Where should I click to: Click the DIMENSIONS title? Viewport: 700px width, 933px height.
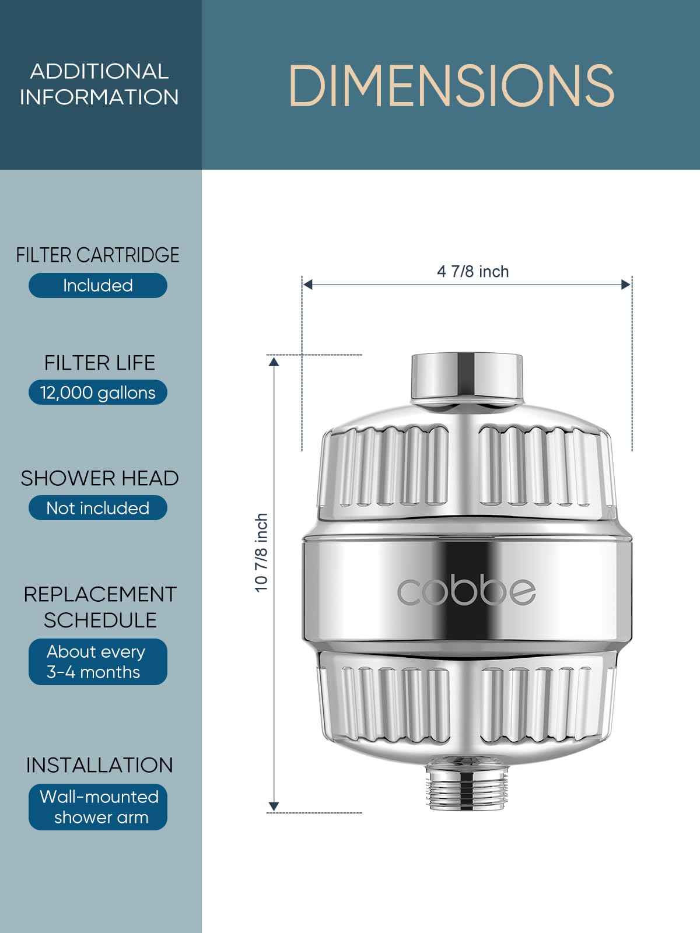tap(451, 86)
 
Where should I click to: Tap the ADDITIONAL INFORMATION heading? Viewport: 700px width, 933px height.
tap(99, 84)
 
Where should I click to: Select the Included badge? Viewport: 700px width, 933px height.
tap(98, 285)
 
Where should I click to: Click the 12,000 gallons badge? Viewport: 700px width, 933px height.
tap(98, 392)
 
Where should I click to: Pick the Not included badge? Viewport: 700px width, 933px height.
tap(98, 508)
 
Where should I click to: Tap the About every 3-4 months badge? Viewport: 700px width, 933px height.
tap(98, 662)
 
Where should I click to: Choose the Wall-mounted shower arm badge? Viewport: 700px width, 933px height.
tap(98, 807)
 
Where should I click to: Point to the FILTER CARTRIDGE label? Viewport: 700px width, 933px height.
tap(98, 255)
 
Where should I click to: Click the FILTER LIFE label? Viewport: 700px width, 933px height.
tap(100, 363)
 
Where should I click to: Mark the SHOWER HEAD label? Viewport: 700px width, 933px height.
tap(100, 478)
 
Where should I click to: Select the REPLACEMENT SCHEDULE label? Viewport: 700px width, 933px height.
tap(100, 606)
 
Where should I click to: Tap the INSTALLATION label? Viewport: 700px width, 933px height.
tap(100, 765)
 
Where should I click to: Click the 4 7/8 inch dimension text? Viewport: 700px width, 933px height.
tap(473, 272)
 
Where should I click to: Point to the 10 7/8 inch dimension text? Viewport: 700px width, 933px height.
tap(262, 552)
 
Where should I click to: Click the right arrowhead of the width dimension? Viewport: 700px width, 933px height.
tap(626, 285)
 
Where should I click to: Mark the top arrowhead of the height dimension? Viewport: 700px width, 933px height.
tap(274, 361)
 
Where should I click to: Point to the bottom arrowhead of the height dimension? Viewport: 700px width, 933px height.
tap(274, 806)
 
